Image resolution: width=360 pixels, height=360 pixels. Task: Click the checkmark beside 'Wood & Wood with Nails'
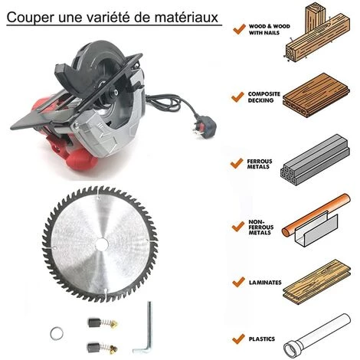239,29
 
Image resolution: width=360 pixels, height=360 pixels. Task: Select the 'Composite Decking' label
264,97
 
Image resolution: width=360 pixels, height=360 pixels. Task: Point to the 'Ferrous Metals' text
260,164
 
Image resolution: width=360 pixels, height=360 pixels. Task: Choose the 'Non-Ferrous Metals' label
260,227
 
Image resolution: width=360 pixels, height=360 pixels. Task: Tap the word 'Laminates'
265,283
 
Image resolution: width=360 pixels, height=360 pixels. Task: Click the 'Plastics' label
262,339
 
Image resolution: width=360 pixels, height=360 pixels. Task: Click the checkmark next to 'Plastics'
238,339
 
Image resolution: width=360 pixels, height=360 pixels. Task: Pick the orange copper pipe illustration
316,214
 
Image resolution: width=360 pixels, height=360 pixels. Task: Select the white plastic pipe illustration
317,335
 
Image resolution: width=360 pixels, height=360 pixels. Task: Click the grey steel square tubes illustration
315,159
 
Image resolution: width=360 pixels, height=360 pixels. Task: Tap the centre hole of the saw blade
103,244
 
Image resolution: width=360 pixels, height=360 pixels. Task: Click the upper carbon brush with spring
103,322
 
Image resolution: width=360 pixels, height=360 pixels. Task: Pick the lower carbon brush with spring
103,348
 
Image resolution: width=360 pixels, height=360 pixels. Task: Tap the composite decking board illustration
316,95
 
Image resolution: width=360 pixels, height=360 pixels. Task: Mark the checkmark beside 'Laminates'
238,282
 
